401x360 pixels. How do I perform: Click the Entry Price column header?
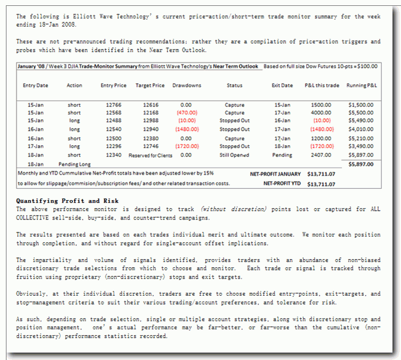click(x=114, y=86)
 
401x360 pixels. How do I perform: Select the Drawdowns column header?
click(x=186, y=86)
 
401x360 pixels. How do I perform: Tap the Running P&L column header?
click(x=363, y=86)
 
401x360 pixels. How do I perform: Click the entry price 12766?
click(x=114, y=105)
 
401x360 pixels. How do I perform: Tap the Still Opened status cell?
click(x=235, y=155)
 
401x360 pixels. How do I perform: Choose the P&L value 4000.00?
click(x=321, y=113)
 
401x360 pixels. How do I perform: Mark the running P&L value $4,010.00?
click(x=361, y=129)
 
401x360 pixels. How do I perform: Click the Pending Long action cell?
click(x=74, y=163)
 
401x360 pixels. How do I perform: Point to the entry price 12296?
click(x=114, y=146)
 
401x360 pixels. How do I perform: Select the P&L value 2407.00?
click(x=321, y=155)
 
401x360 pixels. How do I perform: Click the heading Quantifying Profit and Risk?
click(x=58, y=201)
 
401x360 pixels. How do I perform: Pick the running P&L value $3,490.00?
click(x=361, y=146)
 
